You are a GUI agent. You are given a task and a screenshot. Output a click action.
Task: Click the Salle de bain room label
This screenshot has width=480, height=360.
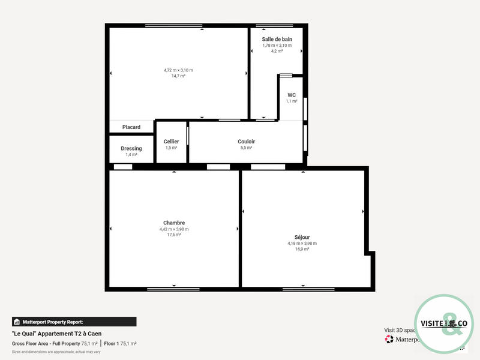click(x=277, y=39)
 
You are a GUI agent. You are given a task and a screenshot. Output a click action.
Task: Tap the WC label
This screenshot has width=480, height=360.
click(x=292, y=95)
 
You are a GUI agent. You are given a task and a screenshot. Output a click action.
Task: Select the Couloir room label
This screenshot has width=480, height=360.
click(x=246, y=142)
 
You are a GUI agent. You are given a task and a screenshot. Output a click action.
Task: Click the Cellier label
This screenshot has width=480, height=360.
click(x=171, y=142)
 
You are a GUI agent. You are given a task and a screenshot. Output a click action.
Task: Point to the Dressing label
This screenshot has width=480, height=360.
click(x=131, y=148)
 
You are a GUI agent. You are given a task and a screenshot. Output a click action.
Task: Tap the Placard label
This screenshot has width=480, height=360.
click(x=131, y=127)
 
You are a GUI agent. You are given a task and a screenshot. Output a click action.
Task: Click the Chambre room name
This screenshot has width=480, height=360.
click(x=174, y=223)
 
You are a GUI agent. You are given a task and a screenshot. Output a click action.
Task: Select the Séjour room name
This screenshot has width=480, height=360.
click(x=302, y=237)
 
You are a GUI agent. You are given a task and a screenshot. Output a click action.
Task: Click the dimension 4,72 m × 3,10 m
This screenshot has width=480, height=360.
click(x=178, y=70)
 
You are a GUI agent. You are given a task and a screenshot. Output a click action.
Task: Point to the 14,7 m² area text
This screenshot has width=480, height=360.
click(x=178, y=76)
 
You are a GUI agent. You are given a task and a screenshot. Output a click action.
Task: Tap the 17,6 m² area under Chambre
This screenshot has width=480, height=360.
click(x=174, y=235)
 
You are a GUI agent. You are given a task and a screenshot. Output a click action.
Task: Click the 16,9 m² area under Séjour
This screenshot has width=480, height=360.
click(x=302, y=249)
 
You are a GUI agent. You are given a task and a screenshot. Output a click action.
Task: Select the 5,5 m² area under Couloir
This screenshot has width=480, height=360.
click(x=246, y=148)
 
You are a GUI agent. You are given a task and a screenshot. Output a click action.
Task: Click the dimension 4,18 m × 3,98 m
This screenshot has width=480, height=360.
click(x=302, y=243)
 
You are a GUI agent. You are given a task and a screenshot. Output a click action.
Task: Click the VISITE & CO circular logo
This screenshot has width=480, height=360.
click(x=444, y=324)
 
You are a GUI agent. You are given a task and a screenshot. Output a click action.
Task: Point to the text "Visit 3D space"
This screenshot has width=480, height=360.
click(x=400, y=330)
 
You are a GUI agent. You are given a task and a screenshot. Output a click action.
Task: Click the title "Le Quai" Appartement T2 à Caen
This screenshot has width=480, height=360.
click(x=56, y=334)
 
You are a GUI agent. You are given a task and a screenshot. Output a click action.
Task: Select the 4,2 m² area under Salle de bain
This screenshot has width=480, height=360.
click(x=277, y=51)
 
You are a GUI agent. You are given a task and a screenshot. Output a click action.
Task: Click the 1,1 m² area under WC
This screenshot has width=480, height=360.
click(x=292, y=101)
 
